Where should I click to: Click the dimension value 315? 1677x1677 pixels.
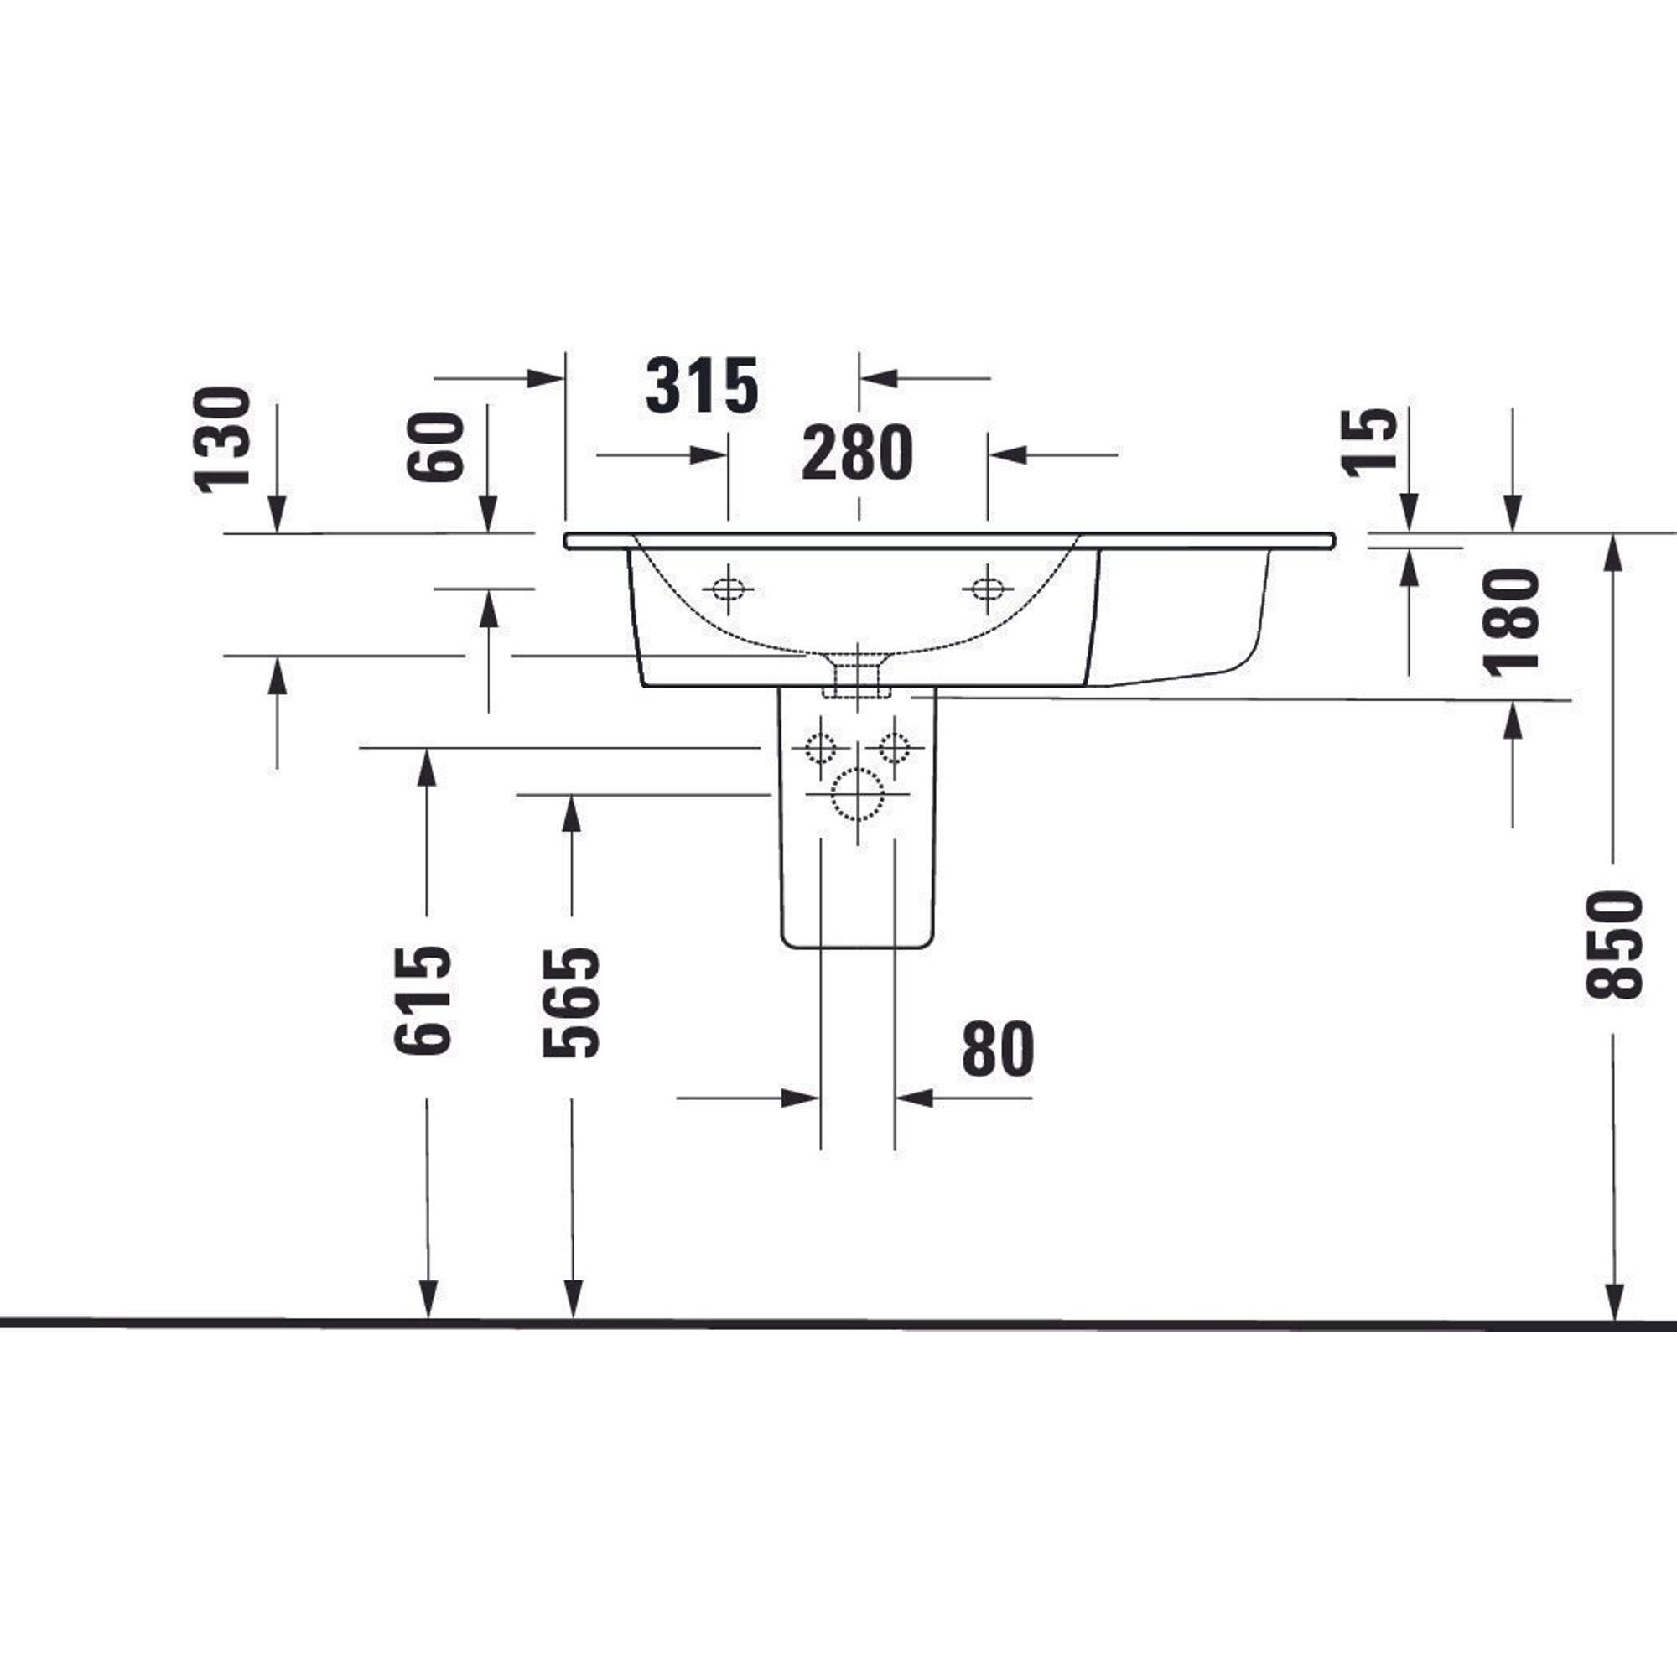pos(702,386)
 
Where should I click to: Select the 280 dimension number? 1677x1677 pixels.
pos(857,452)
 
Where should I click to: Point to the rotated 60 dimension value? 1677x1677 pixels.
pos(434,446)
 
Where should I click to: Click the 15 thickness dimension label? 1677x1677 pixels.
pos(1370,443)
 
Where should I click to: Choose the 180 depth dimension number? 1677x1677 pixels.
pos(1512,620)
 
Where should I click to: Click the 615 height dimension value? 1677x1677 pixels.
pos(423,1000)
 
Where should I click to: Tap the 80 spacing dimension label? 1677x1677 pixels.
pos(998,1049)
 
